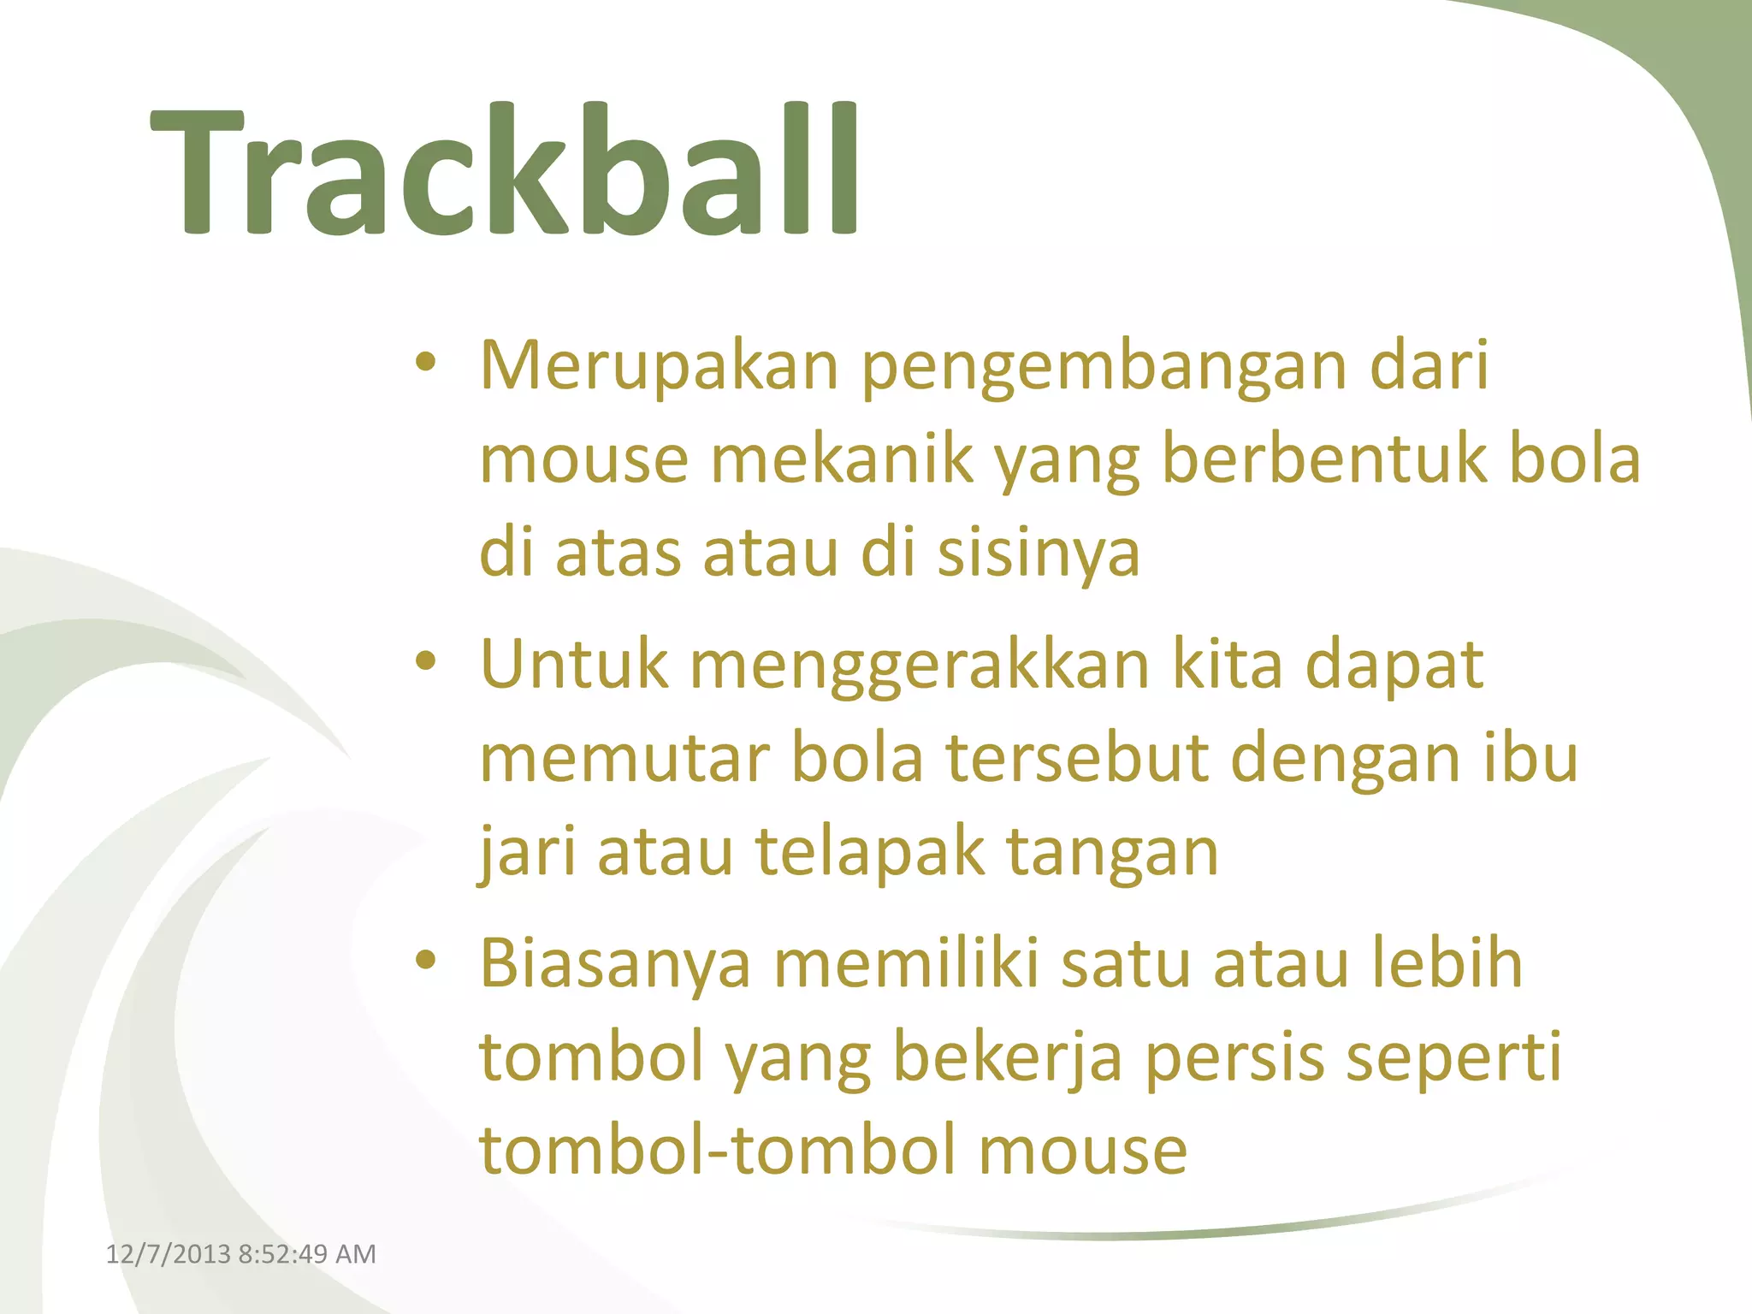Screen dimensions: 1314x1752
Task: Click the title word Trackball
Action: coord(505,171)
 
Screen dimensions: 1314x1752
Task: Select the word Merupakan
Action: coord(659,366)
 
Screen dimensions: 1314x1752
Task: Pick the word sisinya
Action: coord(1039,554)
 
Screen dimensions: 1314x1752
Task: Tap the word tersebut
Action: coord(1077,760)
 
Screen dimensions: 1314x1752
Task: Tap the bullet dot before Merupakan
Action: coord(426,363)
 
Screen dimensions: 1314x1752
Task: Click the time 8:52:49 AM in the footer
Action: coord(307,1254)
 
